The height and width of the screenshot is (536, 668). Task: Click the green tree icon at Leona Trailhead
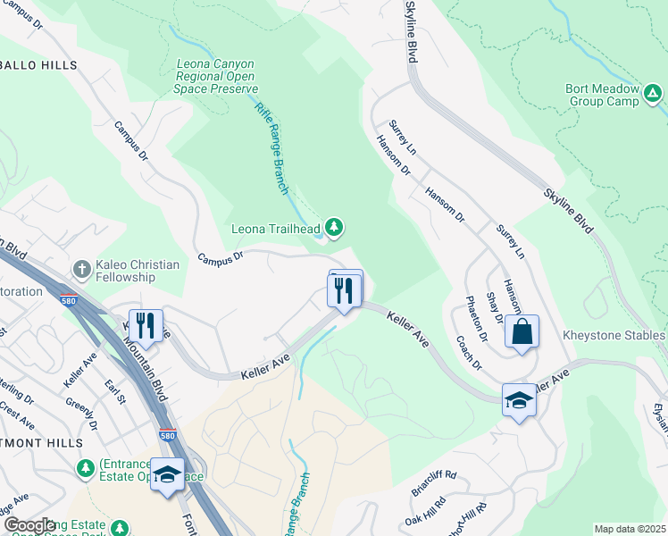click(334, 229)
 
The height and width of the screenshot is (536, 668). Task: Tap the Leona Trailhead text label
click(276, 229)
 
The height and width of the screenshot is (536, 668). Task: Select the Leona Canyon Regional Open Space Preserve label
click(217, 77)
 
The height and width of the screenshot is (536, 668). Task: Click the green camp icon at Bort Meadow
click(654, 92)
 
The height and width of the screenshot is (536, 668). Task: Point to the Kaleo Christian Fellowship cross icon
click(81, 269)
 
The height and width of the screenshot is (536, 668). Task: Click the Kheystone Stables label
click(614, 335)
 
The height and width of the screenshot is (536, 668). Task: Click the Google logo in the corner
click(29, 525)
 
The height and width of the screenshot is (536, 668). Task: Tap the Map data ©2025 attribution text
click(630, 529)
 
